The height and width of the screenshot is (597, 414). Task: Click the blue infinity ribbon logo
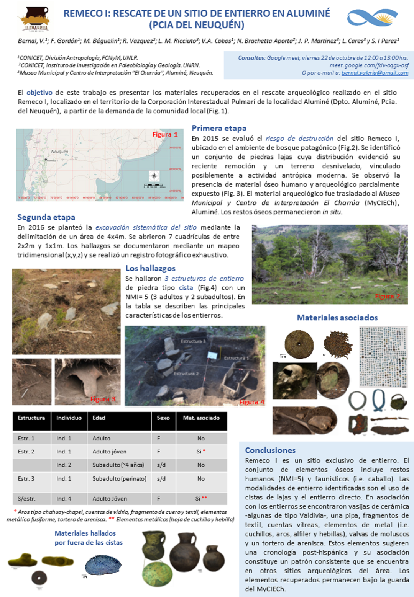click(x=372, y=17)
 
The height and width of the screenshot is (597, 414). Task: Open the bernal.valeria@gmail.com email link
click(x=375, y=73)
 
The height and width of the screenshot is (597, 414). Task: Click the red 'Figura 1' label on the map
click(x=165, y=134)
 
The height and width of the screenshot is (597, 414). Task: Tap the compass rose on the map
click(x=154, y=176)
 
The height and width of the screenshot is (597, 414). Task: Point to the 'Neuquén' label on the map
click(x=59, y=152)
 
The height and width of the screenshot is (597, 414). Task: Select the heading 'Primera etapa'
click(x=219, y=128)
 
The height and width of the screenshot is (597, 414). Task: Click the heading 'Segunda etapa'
click(x=46, y=217)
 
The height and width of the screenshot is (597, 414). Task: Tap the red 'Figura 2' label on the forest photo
click(x=387, y=296)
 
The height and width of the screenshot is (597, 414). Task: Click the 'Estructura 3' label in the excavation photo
click(x=193, y=341)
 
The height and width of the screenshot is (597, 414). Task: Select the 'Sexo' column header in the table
click(x=163, y=418)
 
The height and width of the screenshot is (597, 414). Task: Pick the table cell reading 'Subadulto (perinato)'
click(x=119, y=478)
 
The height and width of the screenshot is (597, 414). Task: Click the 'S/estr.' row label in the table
click(x=26, y=499)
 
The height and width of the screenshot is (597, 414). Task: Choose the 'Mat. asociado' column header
click(x=201, y=418)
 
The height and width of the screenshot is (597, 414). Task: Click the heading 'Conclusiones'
click(x=270, y=450)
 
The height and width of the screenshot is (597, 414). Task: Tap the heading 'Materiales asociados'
click(x=337, y=317)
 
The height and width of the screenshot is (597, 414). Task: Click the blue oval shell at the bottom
click(x=103, y=565)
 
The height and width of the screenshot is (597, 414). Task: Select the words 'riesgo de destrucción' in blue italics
click(x=299, y=138)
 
